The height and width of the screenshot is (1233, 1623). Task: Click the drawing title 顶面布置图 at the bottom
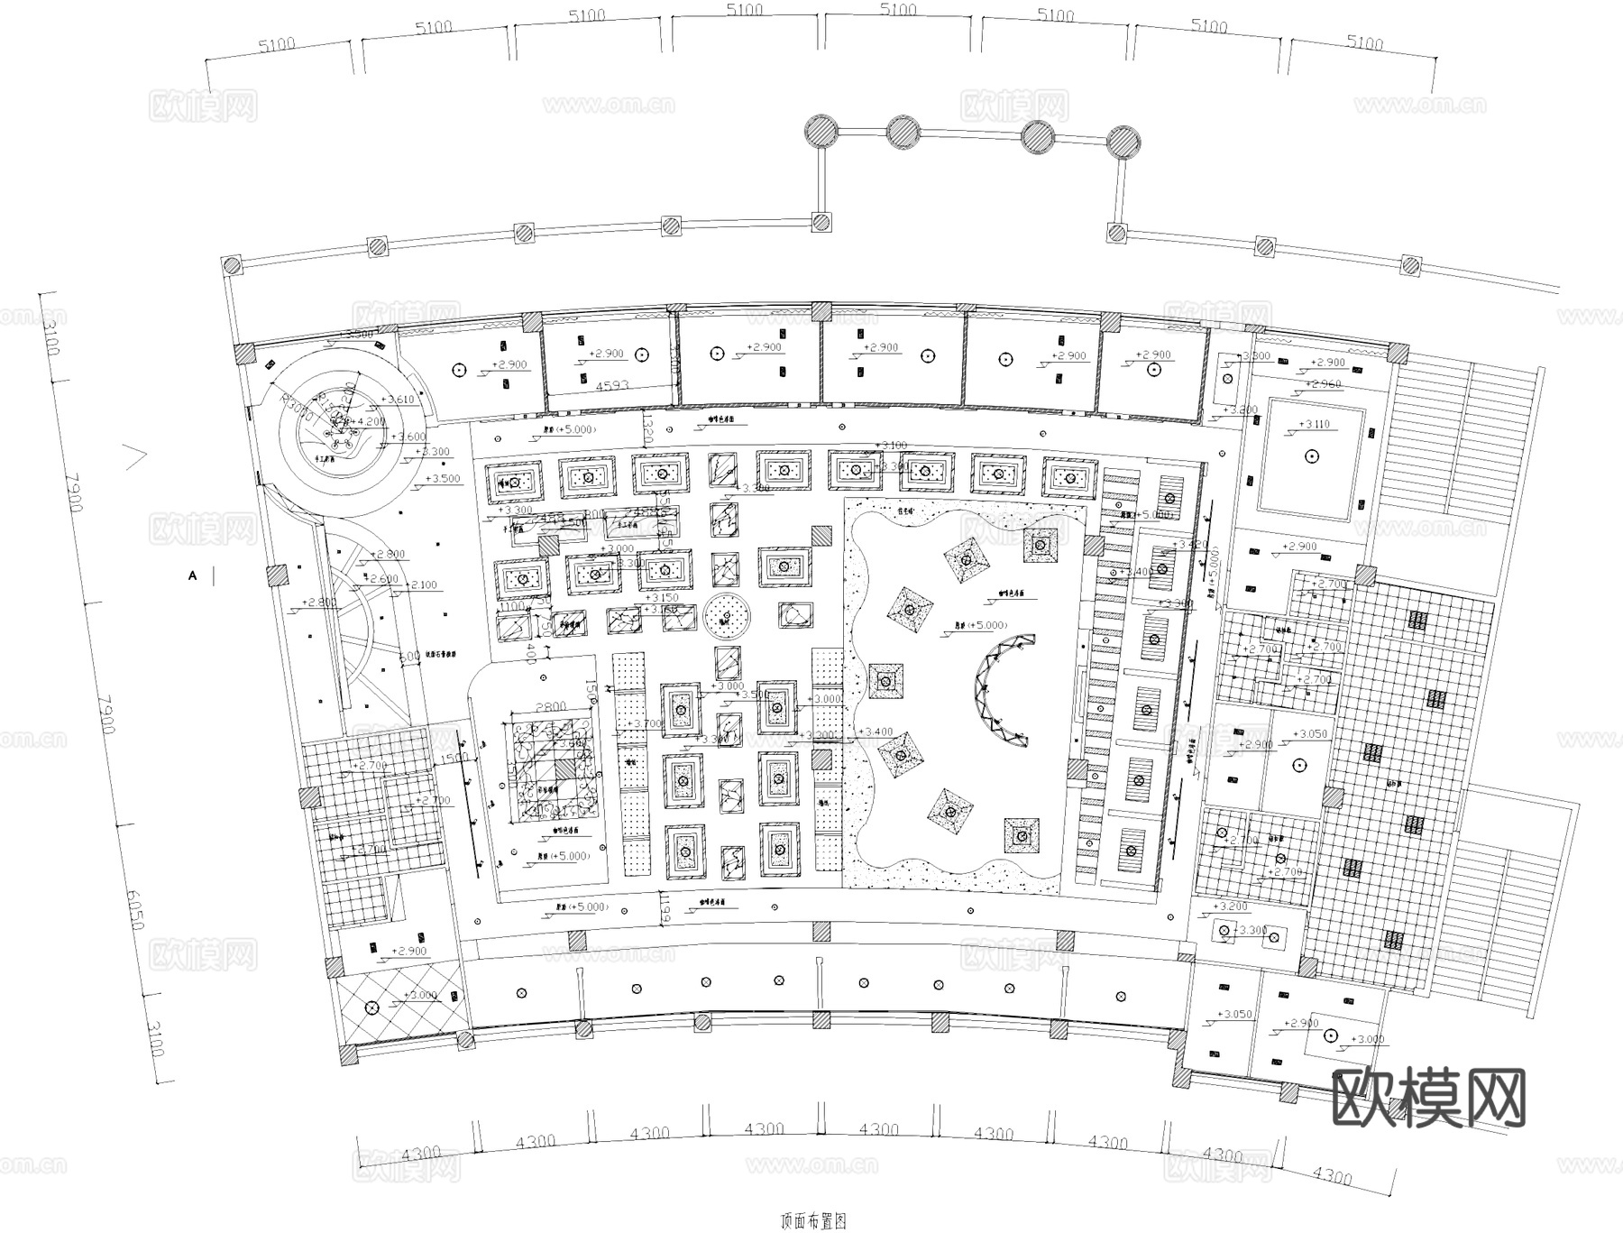[812, 1222]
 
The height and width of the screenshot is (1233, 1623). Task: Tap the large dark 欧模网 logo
[1428, 1098]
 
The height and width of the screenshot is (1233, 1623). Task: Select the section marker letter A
[192, 575]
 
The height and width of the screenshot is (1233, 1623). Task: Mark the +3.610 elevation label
[397, 400]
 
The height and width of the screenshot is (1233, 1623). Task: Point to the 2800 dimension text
[550, 707]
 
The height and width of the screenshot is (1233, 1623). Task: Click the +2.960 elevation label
[1325, 384]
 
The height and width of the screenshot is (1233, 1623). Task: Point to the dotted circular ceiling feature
[728, 617]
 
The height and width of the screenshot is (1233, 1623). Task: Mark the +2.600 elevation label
[383, 579]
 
